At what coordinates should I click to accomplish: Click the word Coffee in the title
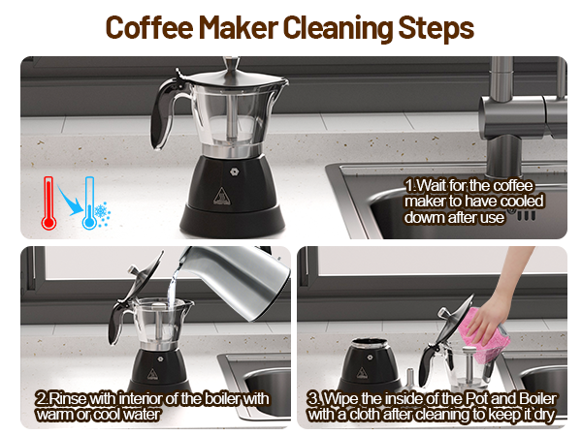pos(146,26)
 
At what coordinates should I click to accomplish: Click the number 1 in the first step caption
pos(409,184)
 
